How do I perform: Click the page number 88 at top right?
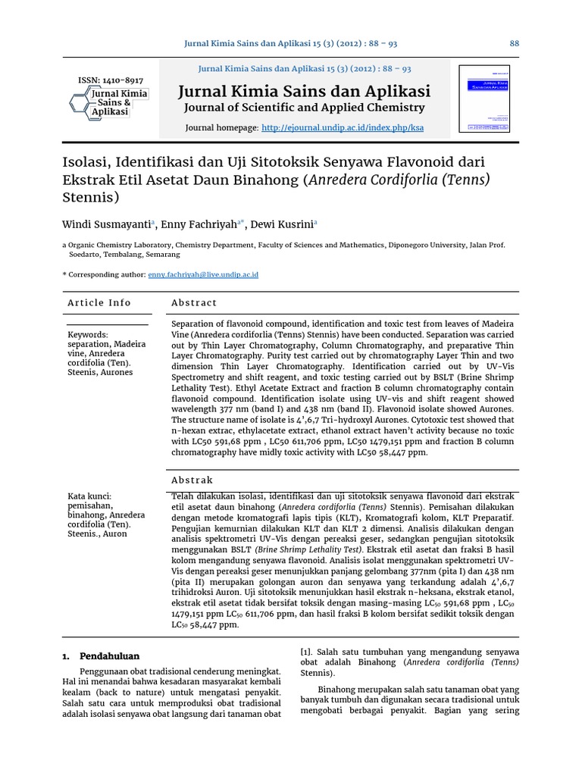(x=515, y=43)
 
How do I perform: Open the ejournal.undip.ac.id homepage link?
(x=343, y=128)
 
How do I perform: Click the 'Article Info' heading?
(x=99, y=302)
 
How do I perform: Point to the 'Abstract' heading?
(x=194, y=302)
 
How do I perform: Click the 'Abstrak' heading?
(x=192, y=480)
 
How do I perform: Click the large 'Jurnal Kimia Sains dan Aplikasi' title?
(x=304, y=91)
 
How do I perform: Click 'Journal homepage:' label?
(x=222, y=128)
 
